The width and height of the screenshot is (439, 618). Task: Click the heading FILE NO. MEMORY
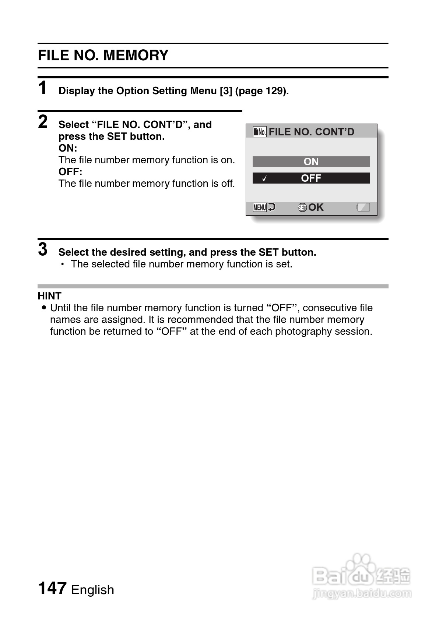coord(103,56)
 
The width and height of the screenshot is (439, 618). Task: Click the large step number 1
coord(43,88)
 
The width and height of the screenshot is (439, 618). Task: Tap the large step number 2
coord(43,122)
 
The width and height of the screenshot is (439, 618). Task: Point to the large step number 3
coord(43,249)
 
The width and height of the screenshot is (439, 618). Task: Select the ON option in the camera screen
coord(311,161)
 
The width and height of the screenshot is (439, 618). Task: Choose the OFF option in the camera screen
coord(311,178)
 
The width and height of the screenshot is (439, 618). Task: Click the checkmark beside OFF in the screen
coord(264,179)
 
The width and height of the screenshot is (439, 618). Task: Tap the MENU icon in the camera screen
coord(260,207)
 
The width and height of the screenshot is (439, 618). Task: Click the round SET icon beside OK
coord(302,207)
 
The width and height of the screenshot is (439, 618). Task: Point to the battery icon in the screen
coord(363,207)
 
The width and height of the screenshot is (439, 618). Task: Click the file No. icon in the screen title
coord(260,132)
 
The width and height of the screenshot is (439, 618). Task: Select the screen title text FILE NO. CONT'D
coord(312,132)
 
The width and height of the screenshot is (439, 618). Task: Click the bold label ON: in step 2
coord(68,148)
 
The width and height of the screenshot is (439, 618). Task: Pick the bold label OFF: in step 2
coord(70,172)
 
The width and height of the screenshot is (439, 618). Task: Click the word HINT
coord(50,296)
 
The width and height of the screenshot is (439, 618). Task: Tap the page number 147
coord(52,588)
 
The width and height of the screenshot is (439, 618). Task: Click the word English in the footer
coord(92,590)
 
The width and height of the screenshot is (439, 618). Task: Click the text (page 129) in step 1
coord(262,91)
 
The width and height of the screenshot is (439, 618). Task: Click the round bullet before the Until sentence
coord(45,308)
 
